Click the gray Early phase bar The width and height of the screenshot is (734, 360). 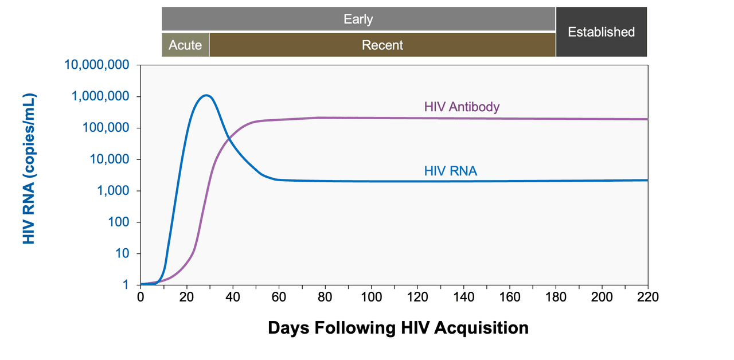pos(358,19)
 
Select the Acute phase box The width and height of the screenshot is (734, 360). pos(185,45)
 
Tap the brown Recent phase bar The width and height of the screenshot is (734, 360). pos(382,45)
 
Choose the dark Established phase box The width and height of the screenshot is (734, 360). pos(601,32)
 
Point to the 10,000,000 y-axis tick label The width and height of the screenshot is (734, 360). pos(97,65)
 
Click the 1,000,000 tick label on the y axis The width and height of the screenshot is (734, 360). pos(101,96)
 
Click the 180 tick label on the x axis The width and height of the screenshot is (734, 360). pos(556,297)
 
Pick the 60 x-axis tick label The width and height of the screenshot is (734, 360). pos(279,297)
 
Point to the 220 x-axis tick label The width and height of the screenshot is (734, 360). pos(647,297)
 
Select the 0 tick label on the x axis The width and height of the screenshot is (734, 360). pos(140,297)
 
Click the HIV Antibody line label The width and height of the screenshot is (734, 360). pos(462,107)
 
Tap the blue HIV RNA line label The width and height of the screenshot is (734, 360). pos(451,171)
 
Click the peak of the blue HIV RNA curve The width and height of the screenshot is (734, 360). pos(206,95)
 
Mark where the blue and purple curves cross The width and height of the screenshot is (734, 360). pos(228,138)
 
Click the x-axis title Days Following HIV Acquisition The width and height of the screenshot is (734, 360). pos(398,328)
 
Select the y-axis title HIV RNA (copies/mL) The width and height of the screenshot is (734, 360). pos(29,169)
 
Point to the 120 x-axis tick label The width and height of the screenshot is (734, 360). pos(417,297)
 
